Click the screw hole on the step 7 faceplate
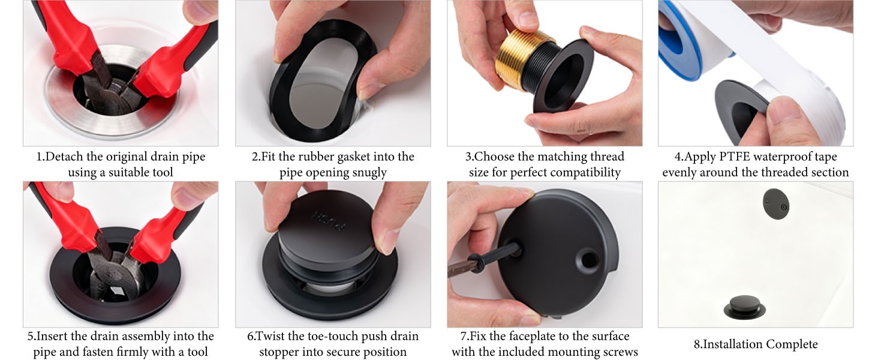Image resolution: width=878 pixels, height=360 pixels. tap(588, 259)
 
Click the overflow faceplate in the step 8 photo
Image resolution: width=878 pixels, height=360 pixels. tap(775, 203)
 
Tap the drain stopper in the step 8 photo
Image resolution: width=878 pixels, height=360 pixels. tap(744, 307)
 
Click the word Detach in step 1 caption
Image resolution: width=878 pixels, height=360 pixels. tap(64, 157)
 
